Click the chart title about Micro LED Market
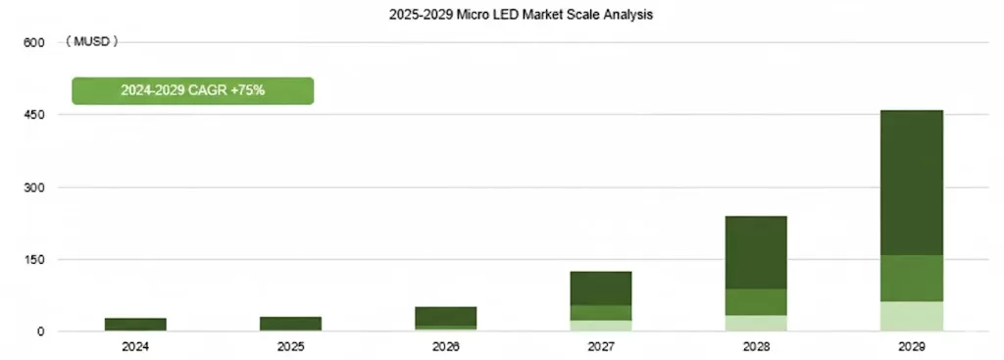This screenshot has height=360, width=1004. tap(502, 16)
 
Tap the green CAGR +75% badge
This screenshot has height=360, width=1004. tap(193, 90)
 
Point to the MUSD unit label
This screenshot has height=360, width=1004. tap(91, 42)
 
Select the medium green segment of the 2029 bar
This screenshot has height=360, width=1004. tap(911, 279)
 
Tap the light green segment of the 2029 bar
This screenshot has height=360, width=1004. tap(911, 316)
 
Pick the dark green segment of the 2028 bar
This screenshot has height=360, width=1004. tap(756, 252)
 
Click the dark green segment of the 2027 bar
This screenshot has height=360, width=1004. tap(601, 287)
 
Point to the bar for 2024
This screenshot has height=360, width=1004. tap(135, 324)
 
